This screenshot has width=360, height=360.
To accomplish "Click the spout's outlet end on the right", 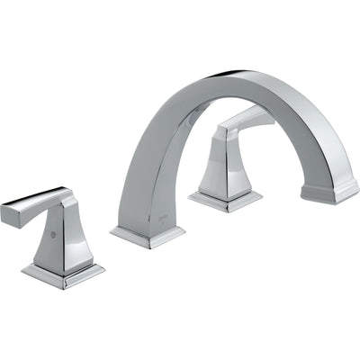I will [x=328, y=193].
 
